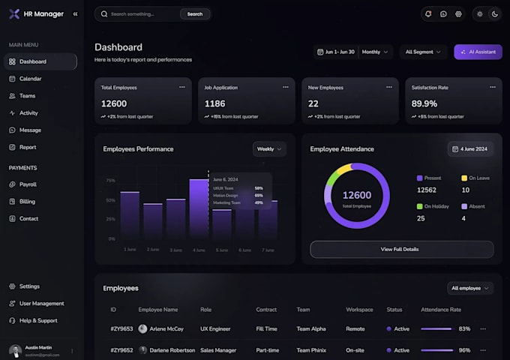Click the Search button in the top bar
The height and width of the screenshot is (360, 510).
[x=195, y=13]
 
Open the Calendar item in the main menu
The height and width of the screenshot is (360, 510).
[x=30, y=79]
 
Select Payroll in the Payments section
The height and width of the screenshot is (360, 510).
[x=28, y=184]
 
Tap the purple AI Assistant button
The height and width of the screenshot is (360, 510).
[x=478, y=52]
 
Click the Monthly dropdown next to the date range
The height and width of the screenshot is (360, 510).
[x=376, y=52]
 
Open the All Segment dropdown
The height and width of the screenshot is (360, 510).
[x=423, y=52]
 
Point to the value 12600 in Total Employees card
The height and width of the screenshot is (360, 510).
[x=114, y=103]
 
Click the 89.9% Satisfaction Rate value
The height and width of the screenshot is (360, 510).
[x=424, y=103]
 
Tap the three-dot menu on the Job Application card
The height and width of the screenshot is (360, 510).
[x=286, y=87]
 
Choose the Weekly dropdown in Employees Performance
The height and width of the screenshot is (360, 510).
[x=269, y=149]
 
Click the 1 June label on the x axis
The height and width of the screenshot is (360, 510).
[x=130, y=249]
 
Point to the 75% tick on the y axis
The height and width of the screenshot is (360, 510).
[x=110, y=181]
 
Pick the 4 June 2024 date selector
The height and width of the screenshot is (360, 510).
[x=471, y=149]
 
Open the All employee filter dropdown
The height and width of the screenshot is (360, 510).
[x=470, y=288]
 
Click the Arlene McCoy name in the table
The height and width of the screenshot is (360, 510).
[x=166, y=329]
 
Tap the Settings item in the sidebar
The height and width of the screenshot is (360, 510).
[x=29, y=286]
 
